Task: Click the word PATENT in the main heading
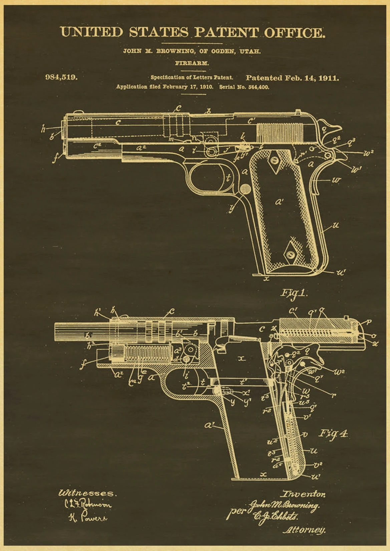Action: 226,32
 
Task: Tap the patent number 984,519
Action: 61,77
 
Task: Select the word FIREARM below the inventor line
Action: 192,63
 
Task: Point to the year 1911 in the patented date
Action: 329,78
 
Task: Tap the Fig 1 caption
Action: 294,293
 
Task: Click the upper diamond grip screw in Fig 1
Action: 275,161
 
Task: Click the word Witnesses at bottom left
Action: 87,493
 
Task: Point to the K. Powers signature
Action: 88,518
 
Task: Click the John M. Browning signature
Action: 284,506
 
